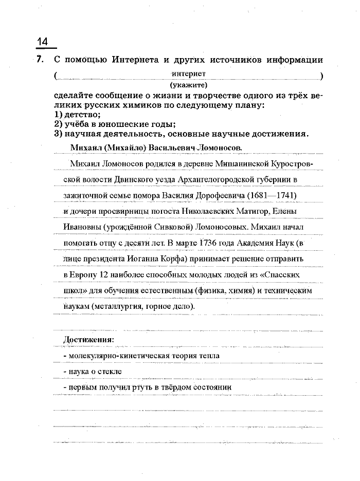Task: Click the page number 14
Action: pyautogui.click(x=43, y=41)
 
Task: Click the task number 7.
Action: pyautogui.click(x=40, y=60)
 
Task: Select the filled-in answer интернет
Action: pyautogui.click(x=189, y=74)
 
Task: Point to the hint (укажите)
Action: pyautogui.click(x=188, y=84)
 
